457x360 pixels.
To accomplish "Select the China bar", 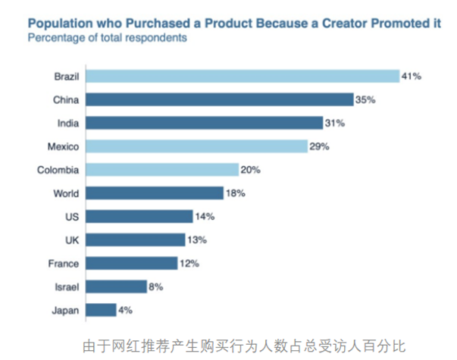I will point(220,99).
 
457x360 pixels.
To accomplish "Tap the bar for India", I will point(205,123).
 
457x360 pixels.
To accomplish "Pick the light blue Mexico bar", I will point(196,146).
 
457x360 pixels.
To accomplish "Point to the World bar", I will point(155,193).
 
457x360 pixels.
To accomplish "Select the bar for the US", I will point(139,217).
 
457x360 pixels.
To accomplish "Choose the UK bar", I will point(136,239).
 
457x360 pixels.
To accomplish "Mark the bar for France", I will point(132,263).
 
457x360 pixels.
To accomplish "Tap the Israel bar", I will point(116,286).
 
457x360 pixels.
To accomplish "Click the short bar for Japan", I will point(102,310).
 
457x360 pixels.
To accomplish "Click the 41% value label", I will point(412,76).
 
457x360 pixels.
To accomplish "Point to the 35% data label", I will point(366,99).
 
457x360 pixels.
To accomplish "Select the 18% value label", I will point(235,193).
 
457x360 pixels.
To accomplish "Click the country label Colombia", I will point(58,170).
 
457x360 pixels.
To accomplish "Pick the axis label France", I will point(63,263).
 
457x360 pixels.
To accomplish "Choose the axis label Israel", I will point(65,286).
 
